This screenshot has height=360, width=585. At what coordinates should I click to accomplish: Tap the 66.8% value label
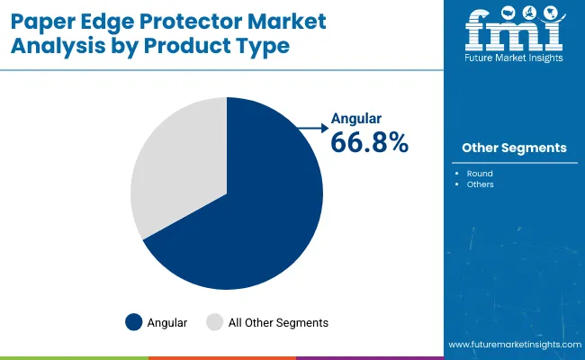[369, 142]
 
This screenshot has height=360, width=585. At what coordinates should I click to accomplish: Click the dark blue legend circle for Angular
[134, 322]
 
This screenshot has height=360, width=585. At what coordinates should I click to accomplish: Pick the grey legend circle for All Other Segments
[214, 322]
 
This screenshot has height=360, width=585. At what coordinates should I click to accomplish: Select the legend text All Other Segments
[278, 322]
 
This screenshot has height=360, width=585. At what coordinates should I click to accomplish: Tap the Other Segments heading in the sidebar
[514, 148]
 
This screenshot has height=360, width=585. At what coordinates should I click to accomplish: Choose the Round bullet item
[480, 172]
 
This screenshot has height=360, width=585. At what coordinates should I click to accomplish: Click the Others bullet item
[480, 184]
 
